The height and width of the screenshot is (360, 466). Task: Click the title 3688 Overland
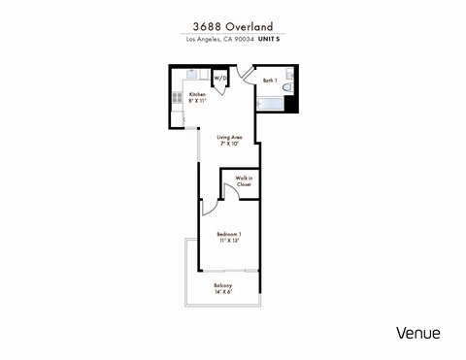[232, 26]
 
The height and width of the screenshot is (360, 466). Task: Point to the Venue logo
[417, 333]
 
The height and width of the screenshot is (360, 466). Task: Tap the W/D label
[219, 78]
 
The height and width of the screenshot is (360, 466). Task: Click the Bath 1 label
[270, 80]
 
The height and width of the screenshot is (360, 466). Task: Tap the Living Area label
[229, 137]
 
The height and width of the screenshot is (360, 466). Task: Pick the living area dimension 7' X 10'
[229, 144]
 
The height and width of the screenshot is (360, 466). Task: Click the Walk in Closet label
[244, 181]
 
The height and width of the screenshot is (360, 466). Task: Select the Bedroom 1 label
[229, 234]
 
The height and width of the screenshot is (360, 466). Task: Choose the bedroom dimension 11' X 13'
[229, 241]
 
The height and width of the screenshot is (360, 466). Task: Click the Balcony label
[223, 284]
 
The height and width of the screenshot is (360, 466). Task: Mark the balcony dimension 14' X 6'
[223, 291]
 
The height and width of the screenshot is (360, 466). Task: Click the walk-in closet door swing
[227, 191]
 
